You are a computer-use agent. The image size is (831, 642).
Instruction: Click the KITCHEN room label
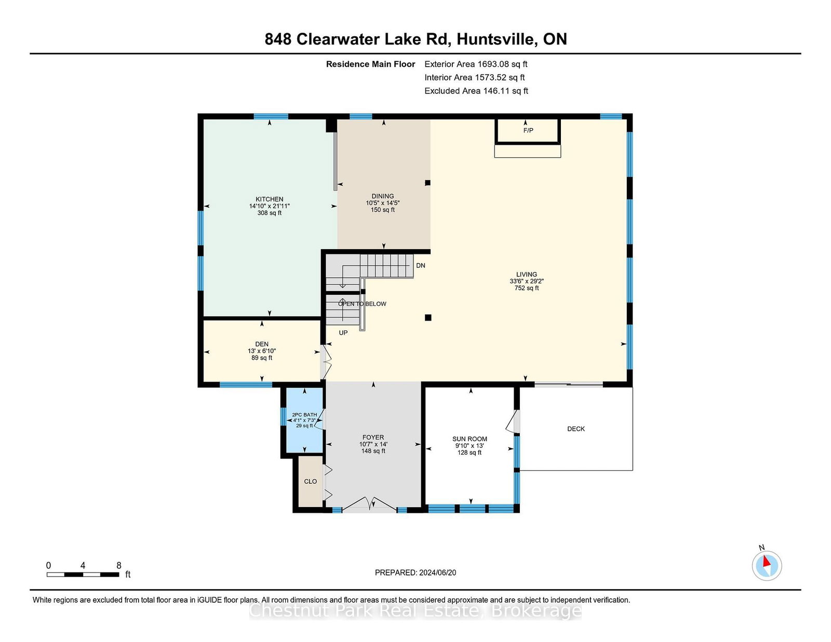[x=269, y=199]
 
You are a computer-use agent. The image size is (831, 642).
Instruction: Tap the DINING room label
[x=382, y=196]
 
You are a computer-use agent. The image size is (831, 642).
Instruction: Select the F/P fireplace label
[x=528, y=131]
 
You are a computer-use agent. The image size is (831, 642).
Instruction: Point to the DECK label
[x=576, y=429]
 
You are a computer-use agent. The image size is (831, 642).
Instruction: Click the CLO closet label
[x=310, y=482]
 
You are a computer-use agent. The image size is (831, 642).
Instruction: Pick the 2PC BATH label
[x=304, y=415]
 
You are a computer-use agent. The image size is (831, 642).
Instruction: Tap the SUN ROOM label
[x=470, y=439]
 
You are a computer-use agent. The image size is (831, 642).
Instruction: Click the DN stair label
[x=421, y=266]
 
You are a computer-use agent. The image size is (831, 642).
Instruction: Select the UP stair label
[x=343, y=333]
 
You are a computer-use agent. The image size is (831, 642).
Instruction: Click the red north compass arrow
[x=766, y=562]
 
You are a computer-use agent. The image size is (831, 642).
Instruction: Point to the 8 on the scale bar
[x=119, y=566]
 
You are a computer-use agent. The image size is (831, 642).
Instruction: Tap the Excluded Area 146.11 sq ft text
[x=476, y=91]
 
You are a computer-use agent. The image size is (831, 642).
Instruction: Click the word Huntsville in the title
[x=495, y=39]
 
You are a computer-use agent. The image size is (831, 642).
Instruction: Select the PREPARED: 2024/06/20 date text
[x=415, y=572]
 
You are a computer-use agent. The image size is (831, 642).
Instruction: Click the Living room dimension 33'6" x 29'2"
[x=527, y=281]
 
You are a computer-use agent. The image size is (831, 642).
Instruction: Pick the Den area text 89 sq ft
[x=262, y=358]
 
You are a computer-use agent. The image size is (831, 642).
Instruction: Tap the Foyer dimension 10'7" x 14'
[x=373, y=444]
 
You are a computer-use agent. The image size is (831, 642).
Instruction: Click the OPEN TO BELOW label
[x=362, y=304]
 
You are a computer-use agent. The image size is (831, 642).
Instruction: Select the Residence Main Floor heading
[x=370, y=64]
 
